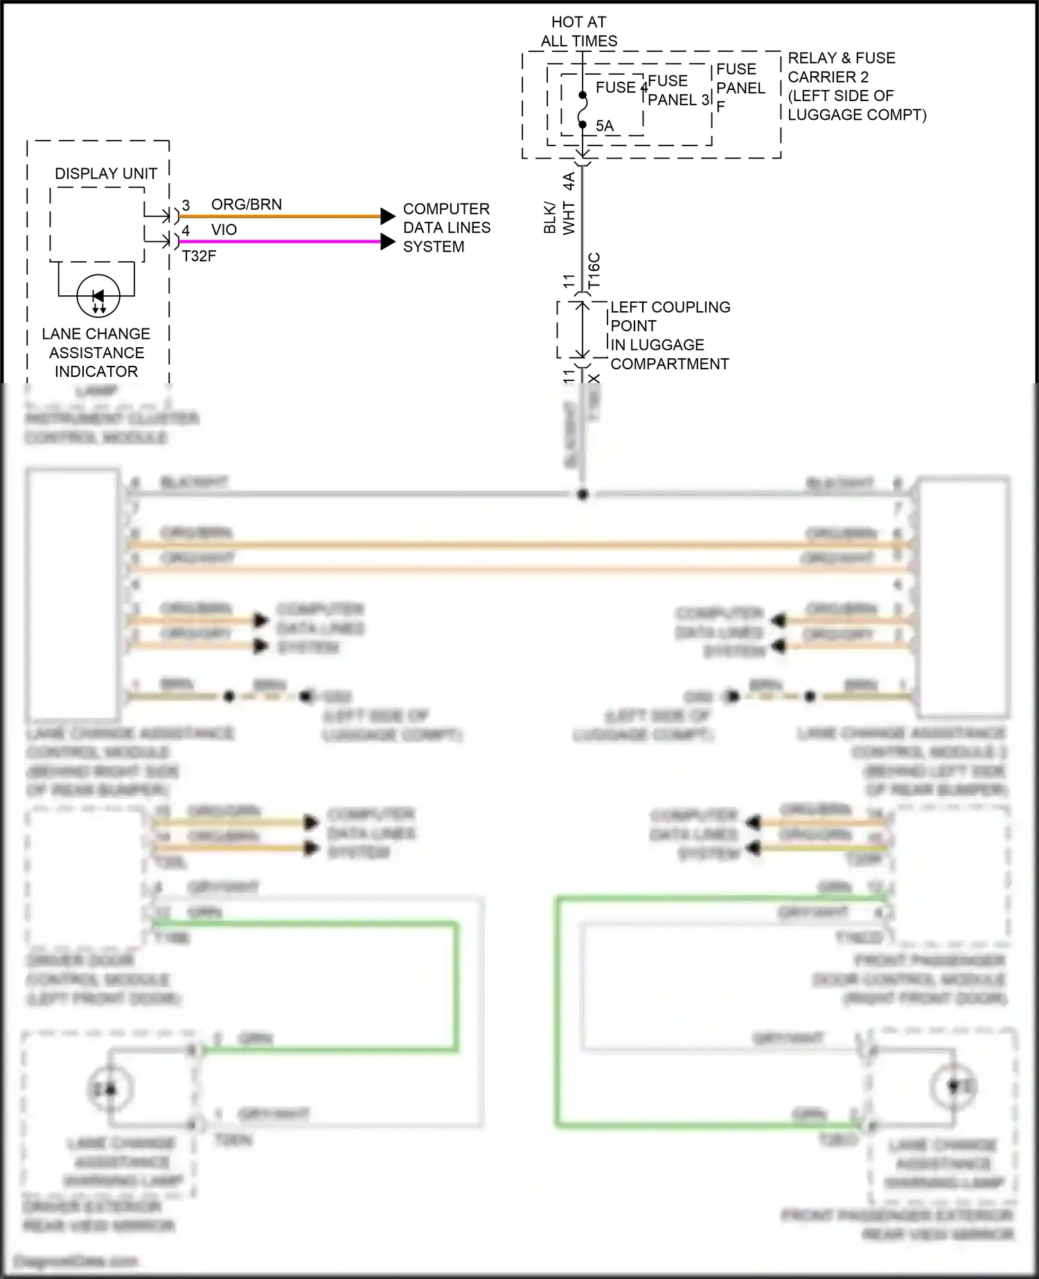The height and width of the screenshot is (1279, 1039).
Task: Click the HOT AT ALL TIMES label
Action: [x=578, y=32]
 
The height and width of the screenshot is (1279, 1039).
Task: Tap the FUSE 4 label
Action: [x=621, y=87]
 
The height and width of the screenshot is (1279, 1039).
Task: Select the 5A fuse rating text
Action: [x=605, y=126]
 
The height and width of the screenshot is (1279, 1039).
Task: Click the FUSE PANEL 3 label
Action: [x=677, y=91]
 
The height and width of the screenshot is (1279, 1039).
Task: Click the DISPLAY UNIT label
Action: [x=106, y=173]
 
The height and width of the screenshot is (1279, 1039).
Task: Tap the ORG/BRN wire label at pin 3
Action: [x=247, y=204]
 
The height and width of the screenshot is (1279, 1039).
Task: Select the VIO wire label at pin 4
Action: [x=224, y=229]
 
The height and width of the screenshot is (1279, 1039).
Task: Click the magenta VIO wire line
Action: [x=277, y=241]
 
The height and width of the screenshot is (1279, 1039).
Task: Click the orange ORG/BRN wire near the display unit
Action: [x=277, y=216]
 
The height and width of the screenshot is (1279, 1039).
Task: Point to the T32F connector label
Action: [x=199, y=256]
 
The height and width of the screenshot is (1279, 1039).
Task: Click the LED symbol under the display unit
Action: [x=98, y=297]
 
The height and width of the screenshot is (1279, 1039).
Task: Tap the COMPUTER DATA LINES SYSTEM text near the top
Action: [x=446, y=227]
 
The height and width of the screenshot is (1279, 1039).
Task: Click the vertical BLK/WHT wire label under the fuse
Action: [x=559, y=217]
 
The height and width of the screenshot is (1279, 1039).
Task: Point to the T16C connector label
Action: [x=594, y=270]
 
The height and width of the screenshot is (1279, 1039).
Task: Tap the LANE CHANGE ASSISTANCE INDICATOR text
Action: [x=96, y=353]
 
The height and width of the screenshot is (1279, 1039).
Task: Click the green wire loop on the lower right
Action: [x=558, y=1012]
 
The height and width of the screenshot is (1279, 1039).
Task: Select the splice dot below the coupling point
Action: [x=583, y=494]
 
